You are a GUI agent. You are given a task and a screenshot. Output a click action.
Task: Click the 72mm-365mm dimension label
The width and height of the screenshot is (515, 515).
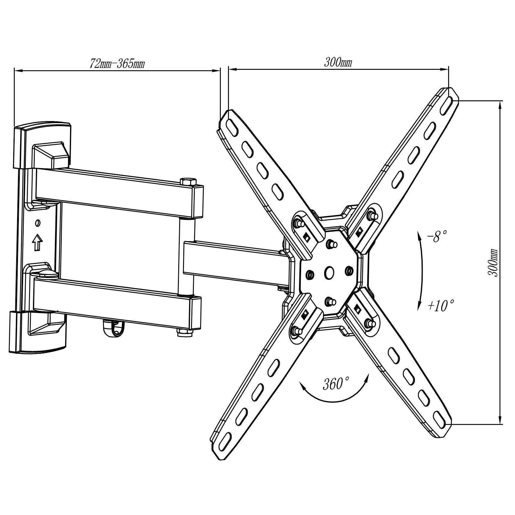[117, 64]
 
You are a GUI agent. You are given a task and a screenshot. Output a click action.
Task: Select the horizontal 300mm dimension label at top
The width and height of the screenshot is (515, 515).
[338, 63]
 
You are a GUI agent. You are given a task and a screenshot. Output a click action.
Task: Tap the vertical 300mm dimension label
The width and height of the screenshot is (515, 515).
[493, 263]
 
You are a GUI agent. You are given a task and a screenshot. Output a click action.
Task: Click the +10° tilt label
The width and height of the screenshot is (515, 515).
[441, 306]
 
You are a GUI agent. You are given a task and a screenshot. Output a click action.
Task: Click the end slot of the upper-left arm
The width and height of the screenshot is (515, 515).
[232, 125]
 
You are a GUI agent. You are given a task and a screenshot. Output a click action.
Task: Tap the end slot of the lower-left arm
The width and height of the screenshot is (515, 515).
[226, 439]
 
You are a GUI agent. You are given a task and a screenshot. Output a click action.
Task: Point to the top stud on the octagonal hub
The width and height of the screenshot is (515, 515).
[331, 244]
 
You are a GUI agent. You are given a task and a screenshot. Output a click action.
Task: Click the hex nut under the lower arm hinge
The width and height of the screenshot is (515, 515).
[183, 332]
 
